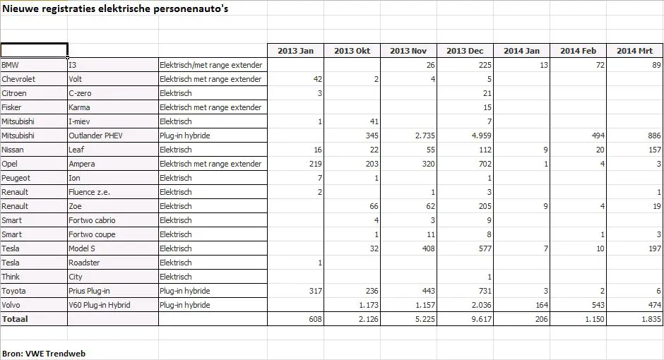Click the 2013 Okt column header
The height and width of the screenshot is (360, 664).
pyautogui.click(x=352, y=51)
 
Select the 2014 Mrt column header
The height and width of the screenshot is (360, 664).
pyautogui.click(x=634, y=51)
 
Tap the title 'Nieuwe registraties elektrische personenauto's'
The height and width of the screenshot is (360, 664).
pyautogui.click(x=115, y=9)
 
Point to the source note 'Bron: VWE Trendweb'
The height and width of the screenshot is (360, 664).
pyautogui.click(x=44, y=353)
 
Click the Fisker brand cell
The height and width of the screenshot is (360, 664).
pyautogui.click(x=12, y=107)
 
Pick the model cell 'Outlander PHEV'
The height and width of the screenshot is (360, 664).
pyautogui.click(x=95, y=136)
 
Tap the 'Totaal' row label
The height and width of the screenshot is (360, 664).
pyautogui.click(x=15, y=319)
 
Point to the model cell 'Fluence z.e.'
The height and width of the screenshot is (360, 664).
pyautogui.click(x=89, y=192)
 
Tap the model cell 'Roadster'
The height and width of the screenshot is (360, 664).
pyautogui.click(x=84, y=263)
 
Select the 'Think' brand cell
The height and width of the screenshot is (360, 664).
pyautogui.click(x=11, y=277)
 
